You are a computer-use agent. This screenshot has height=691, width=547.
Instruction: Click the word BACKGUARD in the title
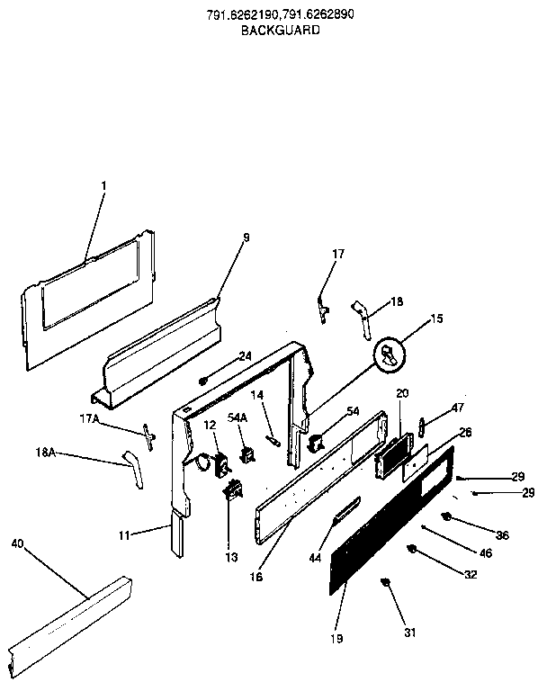point(280,30)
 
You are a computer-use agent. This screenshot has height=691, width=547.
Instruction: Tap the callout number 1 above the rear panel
point(103,186)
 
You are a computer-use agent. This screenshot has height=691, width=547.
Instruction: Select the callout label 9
point(246,238)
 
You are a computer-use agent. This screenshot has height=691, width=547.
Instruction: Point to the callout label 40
point(18,543)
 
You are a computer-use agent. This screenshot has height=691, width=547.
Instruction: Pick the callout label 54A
point(238,417)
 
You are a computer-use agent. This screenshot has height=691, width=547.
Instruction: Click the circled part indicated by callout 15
point(389,354)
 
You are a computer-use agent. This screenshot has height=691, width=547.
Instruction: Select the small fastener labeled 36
point(446,516)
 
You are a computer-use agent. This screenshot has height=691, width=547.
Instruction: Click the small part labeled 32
point(413,549)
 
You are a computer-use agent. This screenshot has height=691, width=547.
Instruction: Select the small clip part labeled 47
point(421,424)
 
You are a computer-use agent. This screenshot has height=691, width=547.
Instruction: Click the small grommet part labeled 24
point(204,381)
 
